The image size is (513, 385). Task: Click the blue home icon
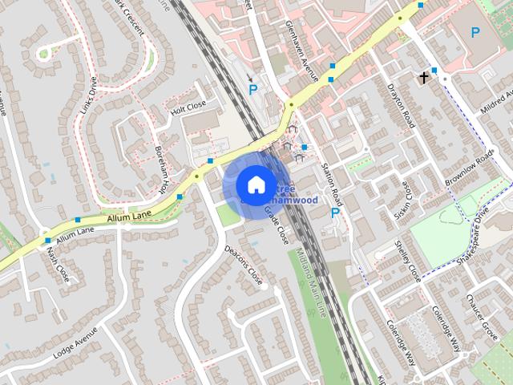255,184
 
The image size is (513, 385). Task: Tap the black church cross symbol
423,78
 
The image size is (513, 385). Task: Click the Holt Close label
188,107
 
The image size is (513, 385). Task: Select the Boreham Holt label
164,172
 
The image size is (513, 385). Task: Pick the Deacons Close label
243,264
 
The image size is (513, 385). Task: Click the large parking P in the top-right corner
475,33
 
